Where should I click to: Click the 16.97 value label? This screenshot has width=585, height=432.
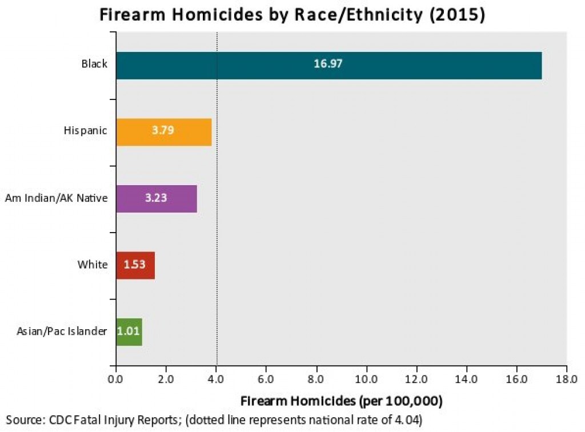point(328,63)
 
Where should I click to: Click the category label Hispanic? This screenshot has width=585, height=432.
point(85,131)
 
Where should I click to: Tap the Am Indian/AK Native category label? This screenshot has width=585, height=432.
point(56,198)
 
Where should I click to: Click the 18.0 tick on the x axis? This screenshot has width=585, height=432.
point(566,378)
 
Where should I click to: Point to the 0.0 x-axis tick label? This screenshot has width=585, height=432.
point(116,378)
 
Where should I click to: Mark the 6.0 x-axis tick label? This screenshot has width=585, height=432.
point(266,378)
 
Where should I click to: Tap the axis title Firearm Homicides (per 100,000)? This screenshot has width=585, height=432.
point(342,399)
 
